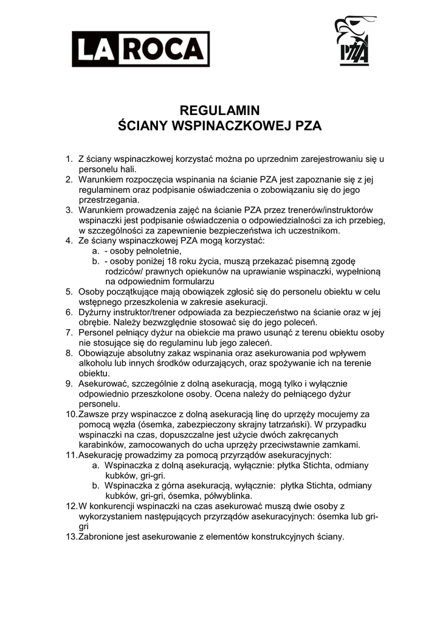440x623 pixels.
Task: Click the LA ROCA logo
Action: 141,49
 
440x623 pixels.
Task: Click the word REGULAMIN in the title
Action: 219,111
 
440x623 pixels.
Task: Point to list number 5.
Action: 69,291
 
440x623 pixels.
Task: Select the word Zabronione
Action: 104,537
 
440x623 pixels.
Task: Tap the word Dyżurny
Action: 97,312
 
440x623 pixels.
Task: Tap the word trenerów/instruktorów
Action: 320,210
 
